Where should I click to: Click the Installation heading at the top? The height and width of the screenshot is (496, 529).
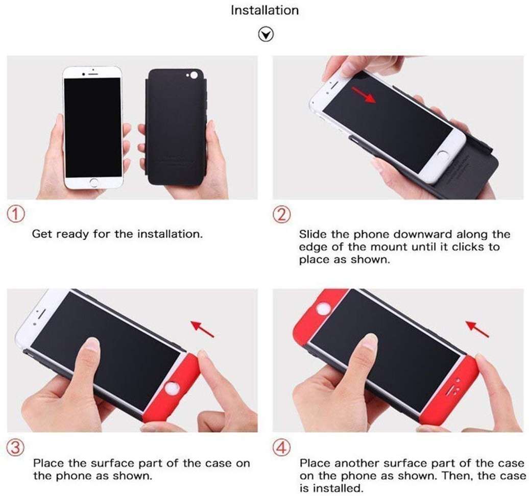tap(264, 10)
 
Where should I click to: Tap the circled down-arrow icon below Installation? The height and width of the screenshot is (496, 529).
tap(266, 34)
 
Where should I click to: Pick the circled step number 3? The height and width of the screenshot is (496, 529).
tap(16, 448)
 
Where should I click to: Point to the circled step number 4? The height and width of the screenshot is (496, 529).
tap(281, 448)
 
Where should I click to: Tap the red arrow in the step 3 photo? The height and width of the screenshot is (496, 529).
tap(203, 329)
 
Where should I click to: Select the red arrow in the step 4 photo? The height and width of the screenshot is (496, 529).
tap(477, 329)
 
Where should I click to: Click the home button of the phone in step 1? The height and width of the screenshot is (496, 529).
tap(92, 182)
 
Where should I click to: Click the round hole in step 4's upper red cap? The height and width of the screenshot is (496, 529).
tap(322, 310)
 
